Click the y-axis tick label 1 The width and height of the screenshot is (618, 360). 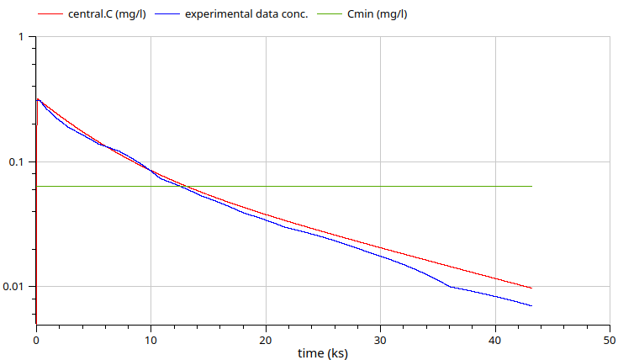pos(22,37)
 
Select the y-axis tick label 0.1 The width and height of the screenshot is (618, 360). pos(18,161)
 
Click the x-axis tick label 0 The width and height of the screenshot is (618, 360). pos(36,339)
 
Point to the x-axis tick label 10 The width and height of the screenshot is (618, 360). pos(151,339)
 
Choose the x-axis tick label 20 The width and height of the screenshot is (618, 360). pos(266,339)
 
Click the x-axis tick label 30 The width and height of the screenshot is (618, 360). pos(381,339)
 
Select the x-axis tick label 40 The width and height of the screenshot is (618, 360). pos(495,339)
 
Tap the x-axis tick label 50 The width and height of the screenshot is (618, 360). pos(610,339)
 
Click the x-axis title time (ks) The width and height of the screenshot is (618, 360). pos(323,353)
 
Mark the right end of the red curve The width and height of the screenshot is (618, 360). pos(532,289)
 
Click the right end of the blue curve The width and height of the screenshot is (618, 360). pos(532,305)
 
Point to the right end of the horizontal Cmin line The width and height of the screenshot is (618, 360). pos(532,186)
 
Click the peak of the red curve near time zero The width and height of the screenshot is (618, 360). pos(38,98)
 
